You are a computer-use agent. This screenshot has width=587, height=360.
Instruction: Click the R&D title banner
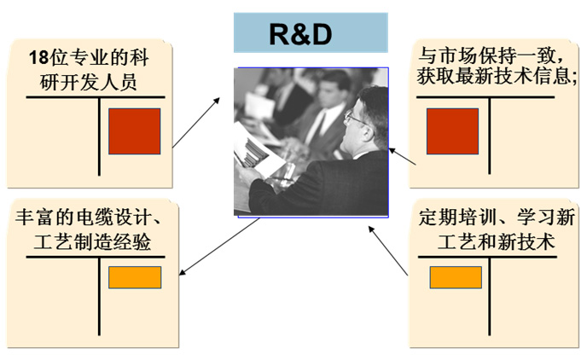pos(311,33)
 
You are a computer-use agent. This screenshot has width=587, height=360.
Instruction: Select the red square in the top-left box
pos(134,131)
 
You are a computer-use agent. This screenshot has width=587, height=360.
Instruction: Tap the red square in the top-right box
pos(451,131)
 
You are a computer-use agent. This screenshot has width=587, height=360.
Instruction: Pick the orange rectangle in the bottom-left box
pos(134,277)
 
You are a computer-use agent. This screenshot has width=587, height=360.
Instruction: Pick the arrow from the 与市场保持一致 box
pos(402,156)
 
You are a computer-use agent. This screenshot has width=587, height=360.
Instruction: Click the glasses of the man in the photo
pos(351,119)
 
